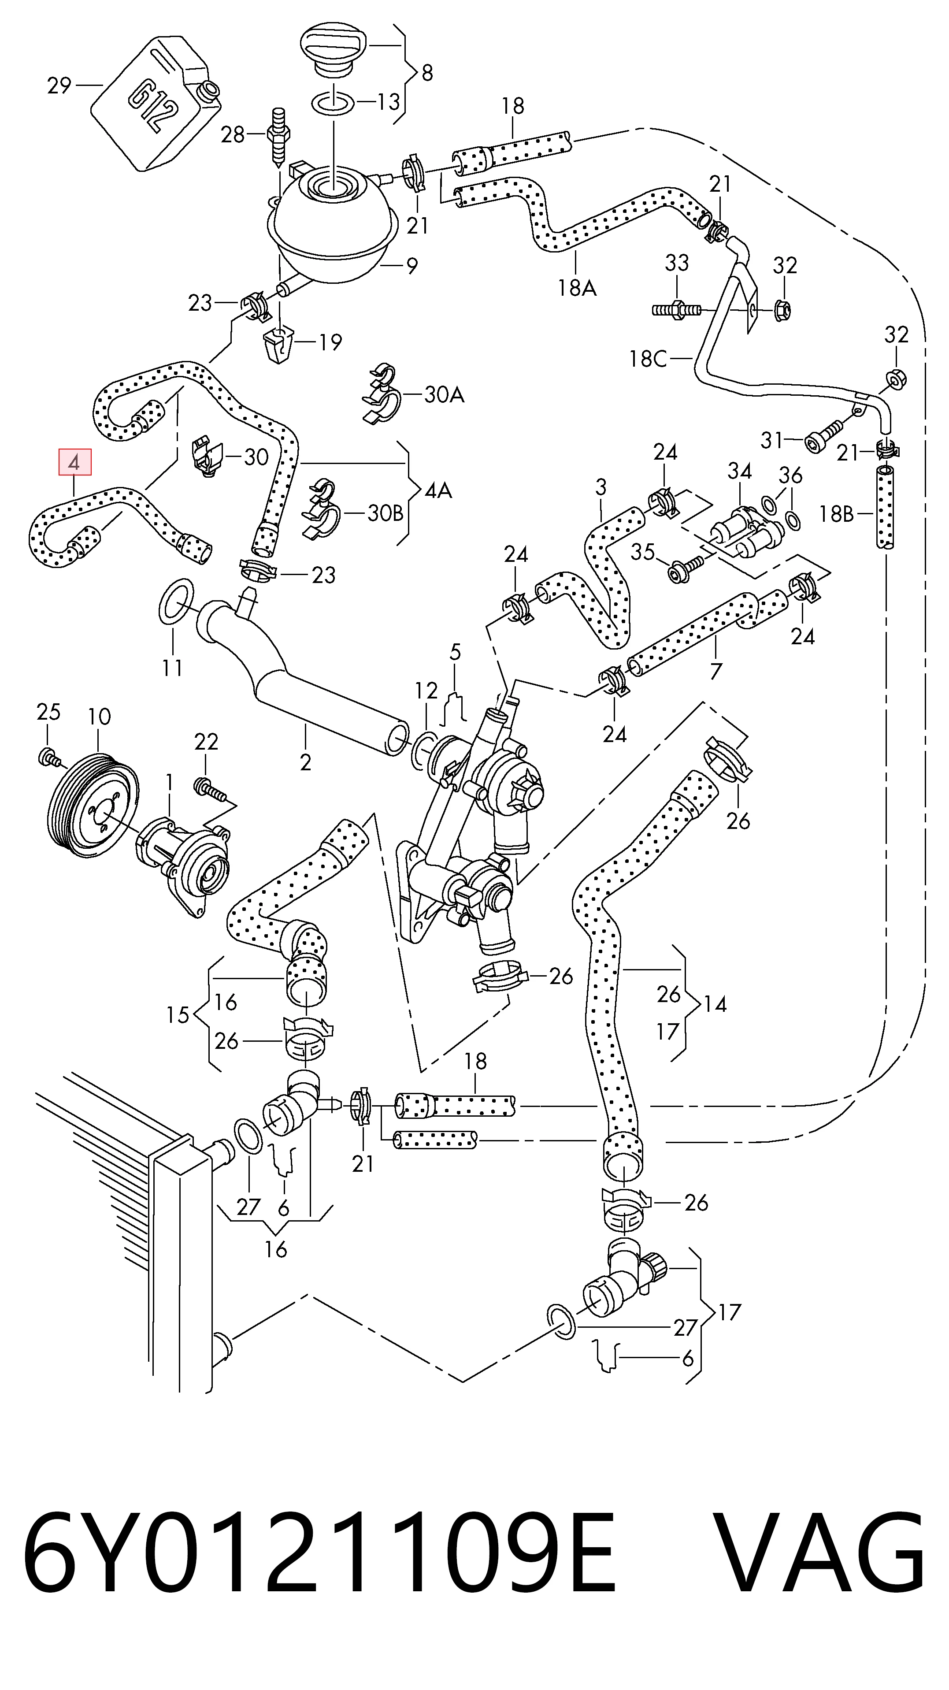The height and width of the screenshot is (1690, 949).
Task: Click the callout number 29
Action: tap(59, 85)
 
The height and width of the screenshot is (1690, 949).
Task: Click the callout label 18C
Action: tap(647, 358)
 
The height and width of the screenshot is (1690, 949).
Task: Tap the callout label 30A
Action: tap(444, 394)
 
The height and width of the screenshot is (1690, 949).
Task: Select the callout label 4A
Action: tap(438, 490)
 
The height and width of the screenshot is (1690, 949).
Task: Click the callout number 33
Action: tap(677, 263)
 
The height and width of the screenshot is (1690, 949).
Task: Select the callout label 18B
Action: tap(836, 514)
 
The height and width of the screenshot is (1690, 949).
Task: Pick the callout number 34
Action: tap(739, 470)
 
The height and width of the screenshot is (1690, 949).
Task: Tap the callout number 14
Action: tap(715, 1004)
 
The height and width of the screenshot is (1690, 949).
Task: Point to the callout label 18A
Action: tap(577, 287)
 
